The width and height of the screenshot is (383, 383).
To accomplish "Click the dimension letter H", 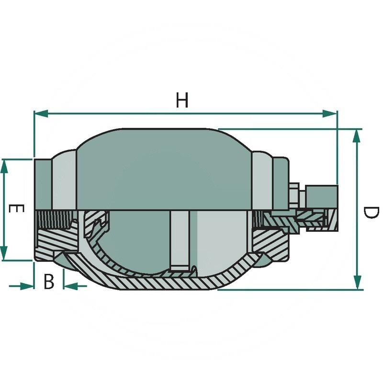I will (181, 101).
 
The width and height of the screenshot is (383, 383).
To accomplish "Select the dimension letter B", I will (48, 282).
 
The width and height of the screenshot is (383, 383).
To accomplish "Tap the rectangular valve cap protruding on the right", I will (321, 196).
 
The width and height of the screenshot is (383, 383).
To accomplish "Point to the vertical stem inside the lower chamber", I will (180, 239).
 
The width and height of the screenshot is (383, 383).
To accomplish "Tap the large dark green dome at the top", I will (163, 168).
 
